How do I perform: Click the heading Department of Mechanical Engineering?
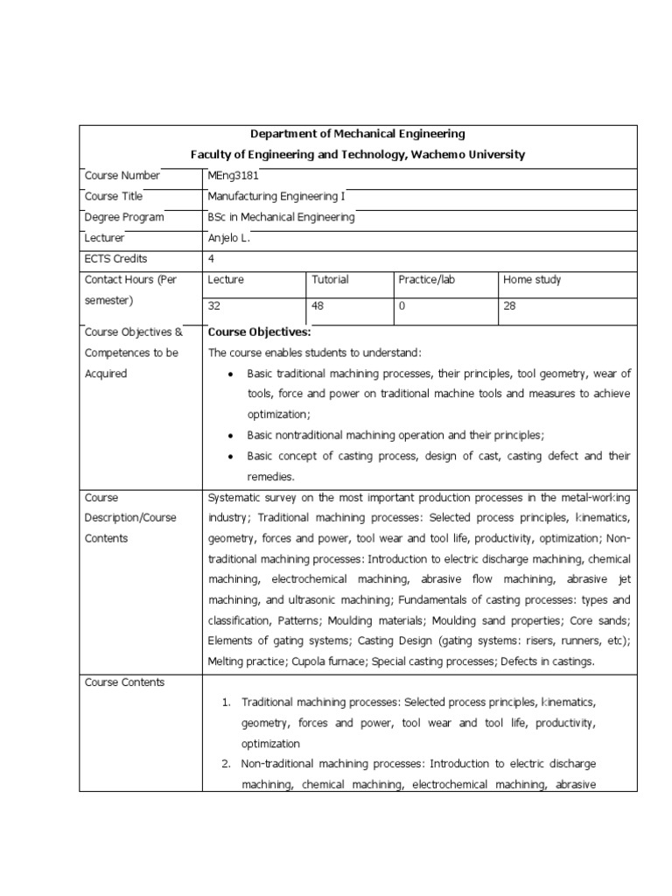click(358, 134)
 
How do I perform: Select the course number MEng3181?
click(233, 175)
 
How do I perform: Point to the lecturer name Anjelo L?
click(229, 238)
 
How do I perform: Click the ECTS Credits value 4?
click(211, 259)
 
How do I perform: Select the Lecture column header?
click(226, 280)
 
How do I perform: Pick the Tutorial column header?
click(330, 280)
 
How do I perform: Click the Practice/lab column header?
click(426, 280)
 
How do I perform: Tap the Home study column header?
click(532, 280)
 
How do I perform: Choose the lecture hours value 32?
click(214, 306)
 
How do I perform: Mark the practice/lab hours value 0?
click(402, 306)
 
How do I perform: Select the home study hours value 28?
click(510, 306)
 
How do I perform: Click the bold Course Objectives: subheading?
click(259, 332)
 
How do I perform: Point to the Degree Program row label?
click(124, 217)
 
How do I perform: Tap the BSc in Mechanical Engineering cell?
click(281, 217)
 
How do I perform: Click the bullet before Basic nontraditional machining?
click(229, 436)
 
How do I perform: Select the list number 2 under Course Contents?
click(225, 764)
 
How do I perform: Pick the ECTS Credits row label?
click(116, 259)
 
